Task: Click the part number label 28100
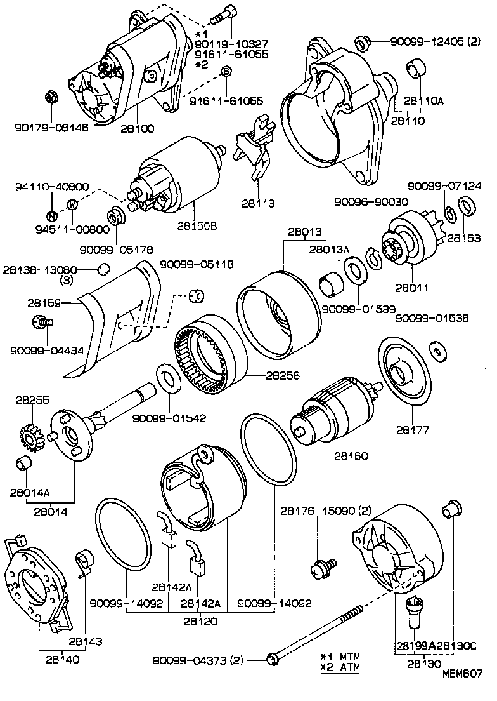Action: (x=136, y=130)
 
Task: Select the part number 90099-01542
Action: (x=169, y=418)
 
